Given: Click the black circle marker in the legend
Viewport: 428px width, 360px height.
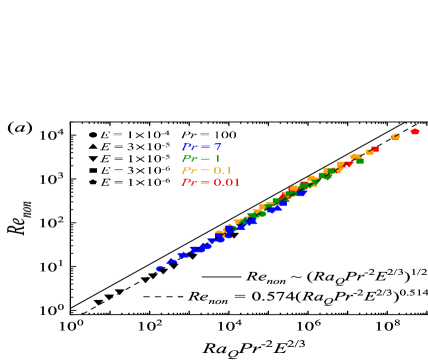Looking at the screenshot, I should click(93, 134).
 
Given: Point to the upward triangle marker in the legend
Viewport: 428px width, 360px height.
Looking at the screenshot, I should click(93, 146).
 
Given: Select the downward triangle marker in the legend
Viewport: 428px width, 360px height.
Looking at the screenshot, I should click(93, 158).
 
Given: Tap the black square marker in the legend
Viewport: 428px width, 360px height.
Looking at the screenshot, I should click(93, 170).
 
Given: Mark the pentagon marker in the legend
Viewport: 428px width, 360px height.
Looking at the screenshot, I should click(93, 182).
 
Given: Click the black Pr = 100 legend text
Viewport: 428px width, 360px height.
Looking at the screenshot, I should click(210, 134).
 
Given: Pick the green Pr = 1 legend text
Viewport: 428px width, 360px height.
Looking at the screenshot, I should click(201, 158).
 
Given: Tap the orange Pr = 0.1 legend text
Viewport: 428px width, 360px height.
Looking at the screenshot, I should click(206, 170).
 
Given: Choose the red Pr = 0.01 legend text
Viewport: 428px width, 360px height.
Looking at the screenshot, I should click(210, 182).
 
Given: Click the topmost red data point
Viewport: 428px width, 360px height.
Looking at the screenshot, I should click(415, 131).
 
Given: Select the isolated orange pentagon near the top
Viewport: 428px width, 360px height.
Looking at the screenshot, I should click(395, 137).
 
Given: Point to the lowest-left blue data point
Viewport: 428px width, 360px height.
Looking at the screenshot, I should click(159, 268).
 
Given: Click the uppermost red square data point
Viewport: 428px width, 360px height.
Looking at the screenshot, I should click(375, 149).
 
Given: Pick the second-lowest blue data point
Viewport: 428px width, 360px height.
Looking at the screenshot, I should click(172, 260).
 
